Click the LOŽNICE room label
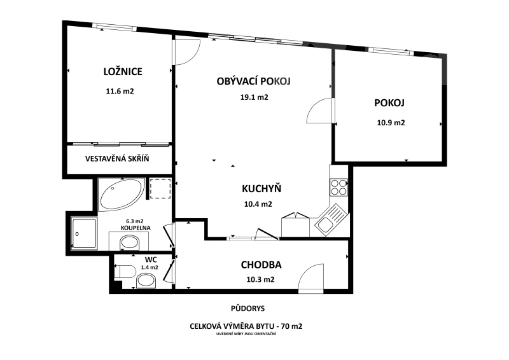123,71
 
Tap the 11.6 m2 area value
120,91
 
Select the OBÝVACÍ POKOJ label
253,81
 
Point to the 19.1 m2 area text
254,97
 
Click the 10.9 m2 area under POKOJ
391,123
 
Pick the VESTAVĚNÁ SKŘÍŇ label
117,159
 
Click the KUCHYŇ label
261,189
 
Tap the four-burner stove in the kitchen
338,187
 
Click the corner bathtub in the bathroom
121,195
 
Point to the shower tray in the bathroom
84,233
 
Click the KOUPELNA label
136,228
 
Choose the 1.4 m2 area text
150,268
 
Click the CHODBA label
261,265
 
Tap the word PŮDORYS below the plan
248,308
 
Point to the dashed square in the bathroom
160,188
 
